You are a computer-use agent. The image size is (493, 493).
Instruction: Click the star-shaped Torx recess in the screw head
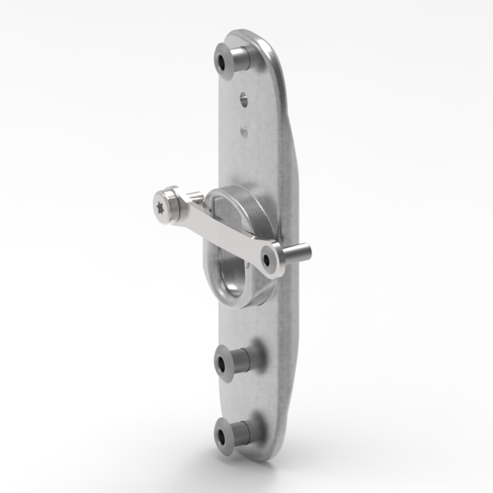point(160,206)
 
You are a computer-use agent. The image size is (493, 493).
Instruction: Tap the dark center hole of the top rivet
point(222,62)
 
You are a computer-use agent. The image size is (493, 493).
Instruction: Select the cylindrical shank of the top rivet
point(241,58)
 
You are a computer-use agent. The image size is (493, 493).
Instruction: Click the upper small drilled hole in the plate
point(244,100)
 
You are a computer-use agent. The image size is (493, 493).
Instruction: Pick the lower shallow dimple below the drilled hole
point(244,132)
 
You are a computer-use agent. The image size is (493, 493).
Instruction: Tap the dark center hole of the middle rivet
point(222,365)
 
